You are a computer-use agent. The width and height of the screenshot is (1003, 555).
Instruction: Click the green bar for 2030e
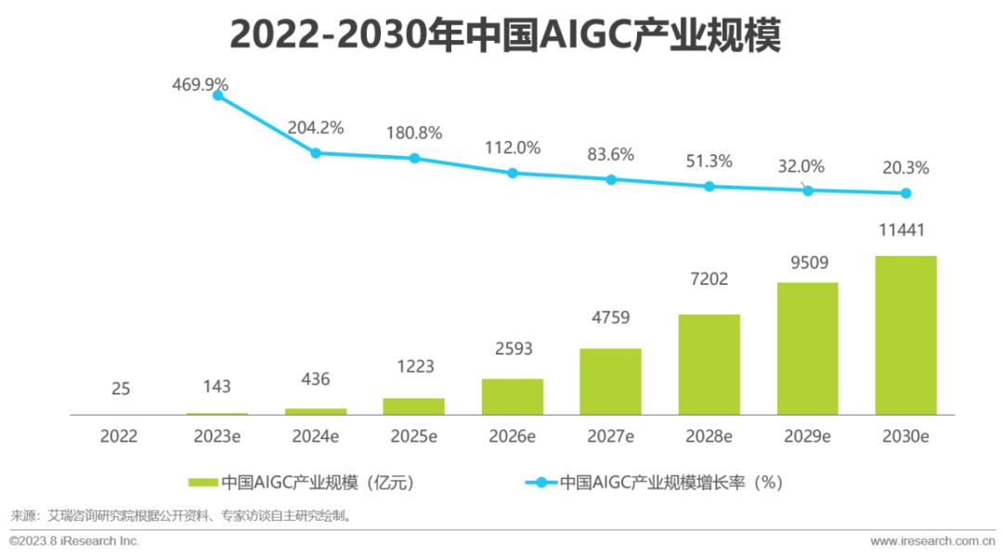[905, 335]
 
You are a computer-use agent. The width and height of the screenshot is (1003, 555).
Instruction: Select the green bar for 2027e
[610, 381]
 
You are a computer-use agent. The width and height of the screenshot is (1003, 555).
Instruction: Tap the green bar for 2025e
[413, 406]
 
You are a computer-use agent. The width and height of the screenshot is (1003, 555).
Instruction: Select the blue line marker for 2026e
[512, 173]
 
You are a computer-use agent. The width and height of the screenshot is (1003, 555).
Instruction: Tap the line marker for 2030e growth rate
[905, 193]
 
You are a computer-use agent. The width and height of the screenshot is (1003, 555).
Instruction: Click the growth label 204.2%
[315, 127]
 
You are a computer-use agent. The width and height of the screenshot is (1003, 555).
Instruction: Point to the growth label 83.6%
[610, 155]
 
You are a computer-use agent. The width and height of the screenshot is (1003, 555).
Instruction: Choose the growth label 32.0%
[807, 166]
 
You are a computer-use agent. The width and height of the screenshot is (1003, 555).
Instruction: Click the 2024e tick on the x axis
[315, 435]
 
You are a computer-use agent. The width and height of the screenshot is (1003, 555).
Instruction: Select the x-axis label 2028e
[709, 435]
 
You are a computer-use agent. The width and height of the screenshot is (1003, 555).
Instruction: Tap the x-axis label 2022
[119, 435]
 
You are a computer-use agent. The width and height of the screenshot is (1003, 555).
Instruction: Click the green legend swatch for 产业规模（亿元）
[203, 483]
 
